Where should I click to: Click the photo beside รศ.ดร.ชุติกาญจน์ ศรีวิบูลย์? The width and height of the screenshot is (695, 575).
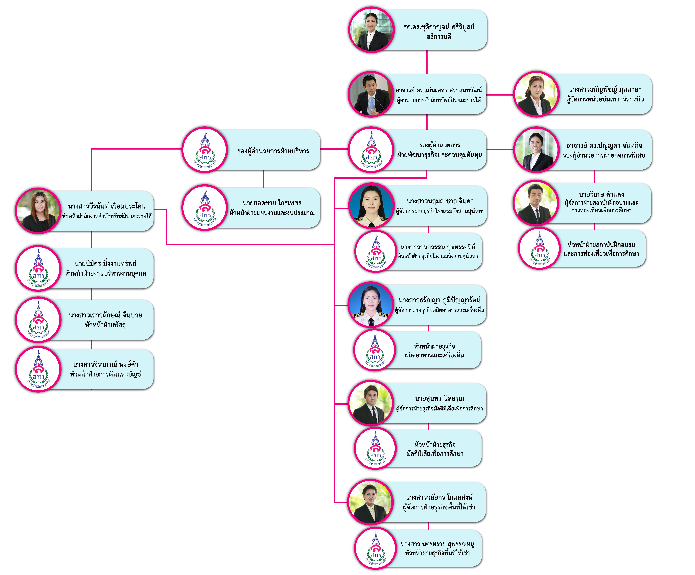371,30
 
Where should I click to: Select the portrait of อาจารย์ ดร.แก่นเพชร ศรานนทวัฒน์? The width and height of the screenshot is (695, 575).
371,94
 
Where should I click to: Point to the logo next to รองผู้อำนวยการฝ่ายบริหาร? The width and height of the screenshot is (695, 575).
205,150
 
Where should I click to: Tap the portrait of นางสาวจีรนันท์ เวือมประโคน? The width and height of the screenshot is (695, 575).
38,211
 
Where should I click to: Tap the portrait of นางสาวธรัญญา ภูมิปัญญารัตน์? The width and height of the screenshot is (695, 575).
371,305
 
